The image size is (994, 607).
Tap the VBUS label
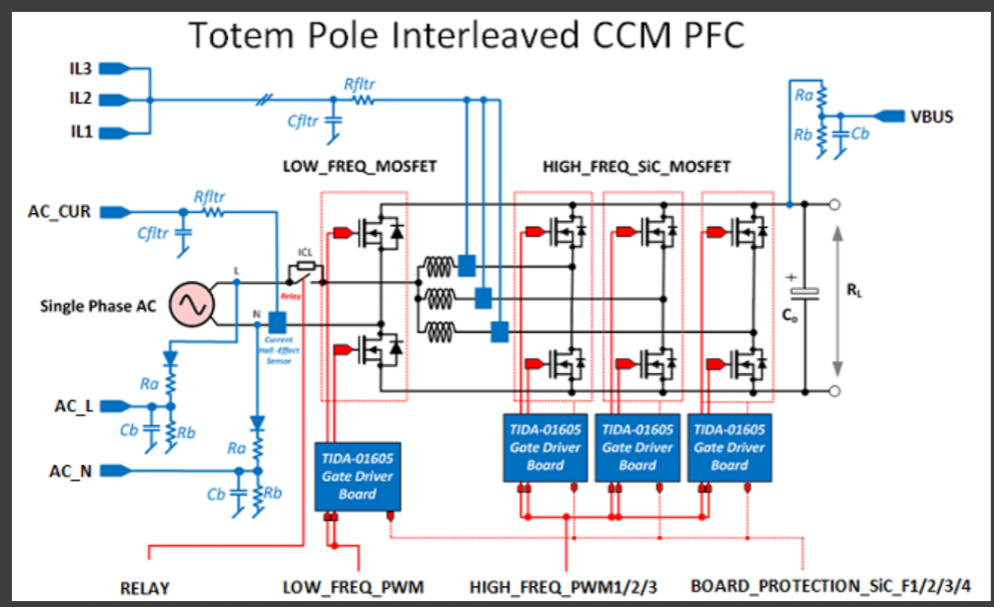coord(931,116)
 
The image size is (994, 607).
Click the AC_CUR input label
coord(65,211)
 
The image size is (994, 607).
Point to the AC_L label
coord(73,406)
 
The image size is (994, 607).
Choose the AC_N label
coord(72,471)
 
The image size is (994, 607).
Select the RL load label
coord(855,292)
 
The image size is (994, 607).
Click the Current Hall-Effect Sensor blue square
coord(277,323)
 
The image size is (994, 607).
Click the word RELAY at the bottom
coord(145,588)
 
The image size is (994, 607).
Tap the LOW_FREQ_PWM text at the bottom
coord(353,588)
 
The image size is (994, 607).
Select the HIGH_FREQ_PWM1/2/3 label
coord(562,588)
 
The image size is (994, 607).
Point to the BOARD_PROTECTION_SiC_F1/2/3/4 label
coord(829,587)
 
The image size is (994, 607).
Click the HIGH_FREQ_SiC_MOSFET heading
coord(637,167)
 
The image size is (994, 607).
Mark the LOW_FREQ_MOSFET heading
coord(360,167)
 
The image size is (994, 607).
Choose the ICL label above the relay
coord(306,253)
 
